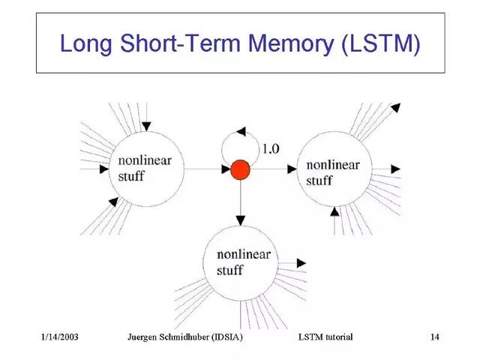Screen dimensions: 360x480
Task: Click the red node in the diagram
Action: (240, 170)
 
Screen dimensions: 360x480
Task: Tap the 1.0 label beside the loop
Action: (269, 148)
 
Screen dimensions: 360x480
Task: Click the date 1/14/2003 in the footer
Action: (61, 337)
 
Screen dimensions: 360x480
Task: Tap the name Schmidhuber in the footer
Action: (186, 337)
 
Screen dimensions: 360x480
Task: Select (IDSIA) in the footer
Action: (227, 337)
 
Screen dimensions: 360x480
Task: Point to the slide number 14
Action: (434, 337)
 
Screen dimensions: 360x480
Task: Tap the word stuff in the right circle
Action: (320, 180)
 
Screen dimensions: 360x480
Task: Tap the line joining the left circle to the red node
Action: (206, 170)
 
